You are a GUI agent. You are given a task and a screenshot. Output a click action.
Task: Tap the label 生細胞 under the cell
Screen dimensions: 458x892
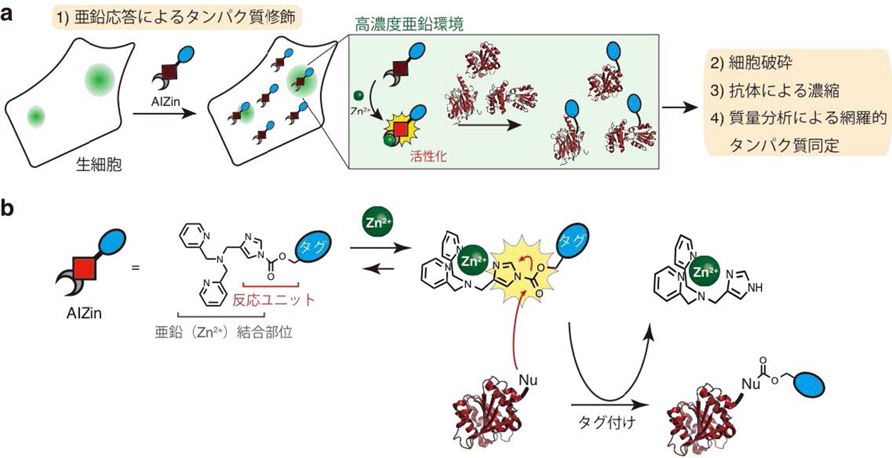[98, 165]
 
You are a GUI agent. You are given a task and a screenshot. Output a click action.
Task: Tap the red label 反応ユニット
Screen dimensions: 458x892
[274, 299]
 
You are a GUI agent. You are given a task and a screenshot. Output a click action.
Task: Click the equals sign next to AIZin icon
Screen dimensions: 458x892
[136, 266]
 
